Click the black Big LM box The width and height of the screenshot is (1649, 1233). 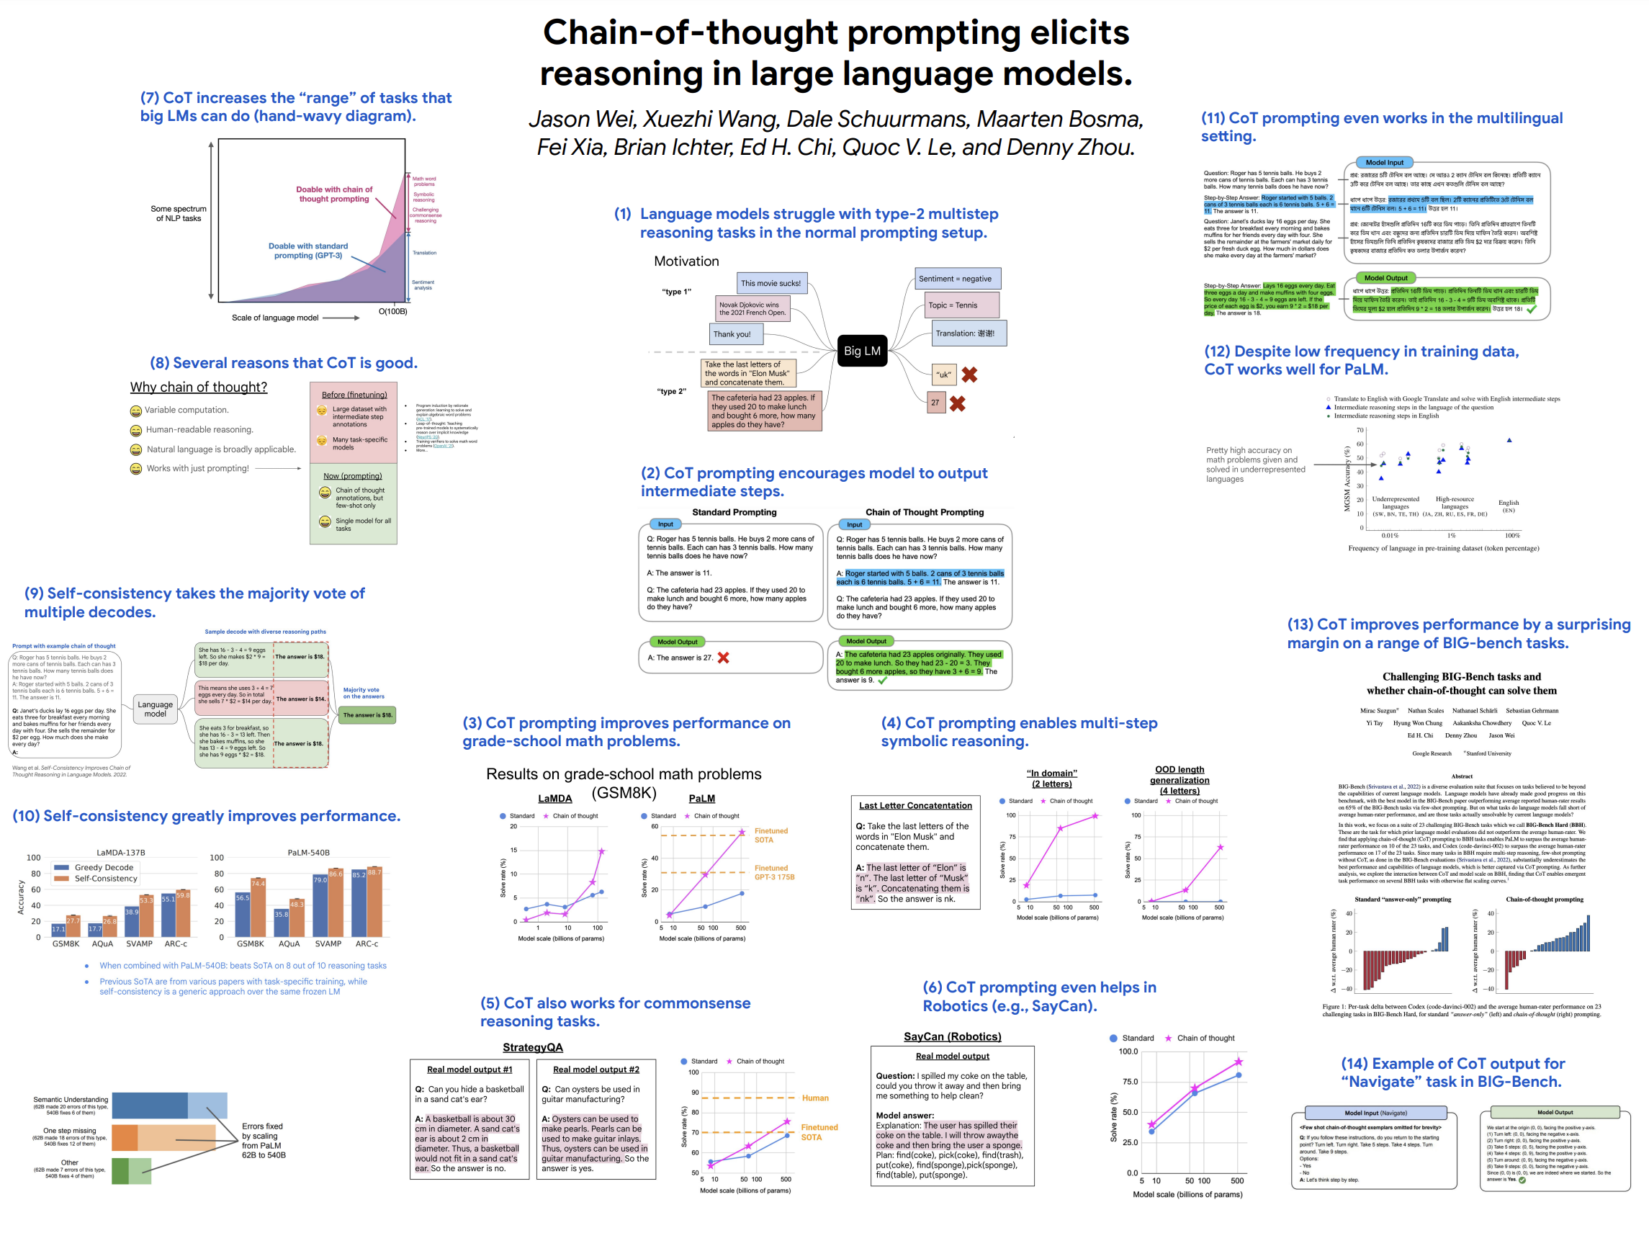click(x=862, y=351)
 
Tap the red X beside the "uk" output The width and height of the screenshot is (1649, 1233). click(x=969, y=375)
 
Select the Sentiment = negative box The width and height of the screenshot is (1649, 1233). click(x=956, y=279)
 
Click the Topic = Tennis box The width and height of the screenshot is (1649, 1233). click(x=953, y=305)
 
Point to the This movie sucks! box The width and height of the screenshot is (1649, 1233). click(x=770, y=283)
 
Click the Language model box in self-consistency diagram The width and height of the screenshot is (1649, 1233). click(x=155, y=709)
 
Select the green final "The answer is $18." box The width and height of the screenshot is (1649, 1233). click(x=367, y=715)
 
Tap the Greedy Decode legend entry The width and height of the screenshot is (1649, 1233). click(x=94, y=867)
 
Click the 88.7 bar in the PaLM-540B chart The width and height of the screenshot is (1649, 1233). click(x=374, y=902)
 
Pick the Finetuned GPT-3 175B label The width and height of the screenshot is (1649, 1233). click(x=775, y=872)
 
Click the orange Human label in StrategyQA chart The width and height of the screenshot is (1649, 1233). click(x=815, y=1098)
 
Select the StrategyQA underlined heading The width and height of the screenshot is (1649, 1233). click(x=532, y=1047)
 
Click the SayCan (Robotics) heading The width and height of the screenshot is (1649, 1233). click(x=952, y=1037)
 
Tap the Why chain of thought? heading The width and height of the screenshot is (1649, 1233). click(x=198, y=387)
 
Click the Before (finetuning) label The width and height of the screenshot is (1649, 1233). click(x=354, y=395)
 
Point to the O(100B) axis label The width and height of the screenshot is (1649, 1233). click(x=393, y=312)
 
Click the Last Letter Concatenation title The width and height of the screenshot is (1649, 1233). click(x=915, y=806)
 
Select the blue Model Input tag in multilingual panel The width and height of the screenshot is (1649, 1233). click(x=1383, y=163)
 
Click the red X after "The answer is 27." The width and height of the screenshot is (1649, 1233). click(x=723, y=658)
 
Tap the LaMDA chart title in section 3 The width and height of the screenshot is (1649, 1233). click(x=554, y=799)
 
